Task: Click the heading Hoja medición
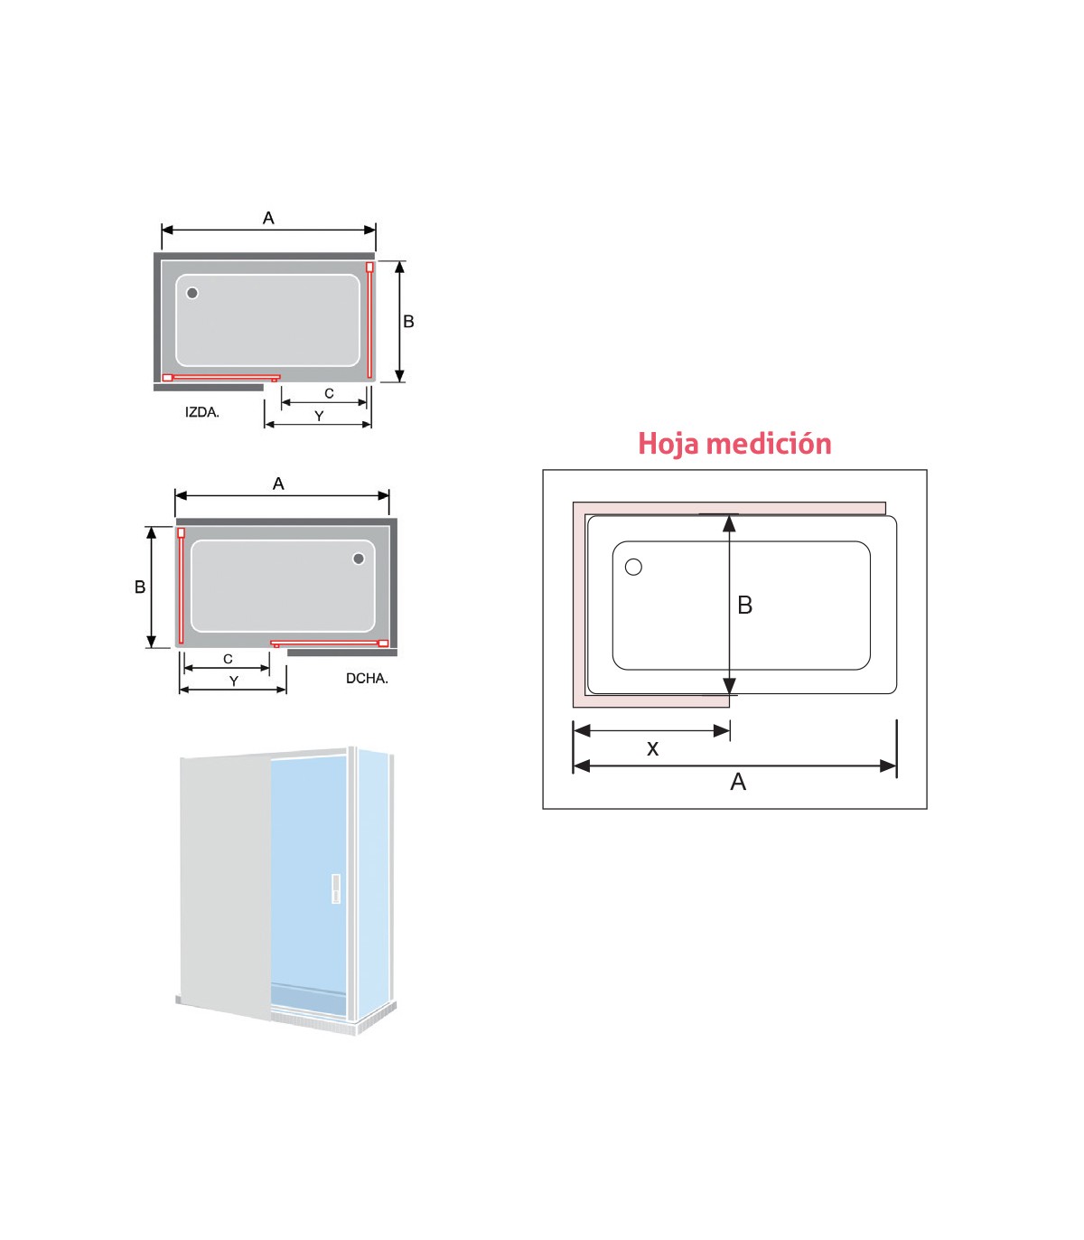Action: point(734,444)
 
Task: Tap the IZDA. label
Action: point(202,412)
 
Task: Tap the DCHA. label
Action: point(367,678)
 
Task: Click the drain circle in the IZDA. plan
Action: point(192,294)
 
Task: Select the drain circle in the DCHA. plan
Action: point(359,559)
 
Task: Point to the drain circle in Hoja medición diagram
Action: point(633,567)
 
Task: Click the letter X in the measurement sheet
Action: point(652,749)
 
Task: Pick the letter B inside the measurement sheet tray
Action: point(745,605)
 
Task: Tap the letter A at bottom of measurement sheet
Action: point(738,782)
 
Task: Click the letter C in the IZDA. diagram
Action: point(329,393)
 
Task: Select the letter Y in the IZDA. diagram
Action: point(319,416)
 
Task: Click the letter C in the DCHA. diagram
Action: point(228,659)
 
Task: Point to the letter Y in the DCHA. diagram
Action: point(234,681)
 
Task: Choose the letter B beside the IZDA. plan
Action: point(409,321)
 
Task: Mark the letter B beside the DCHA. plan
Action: point(140,587)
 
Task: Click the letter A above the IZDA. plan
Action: point(268,218)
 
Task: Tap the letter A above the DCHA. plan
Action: point(278,484)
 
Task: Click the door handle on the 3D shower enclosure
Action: point(336,889)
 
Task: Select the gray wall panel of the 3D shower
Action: point(225,886)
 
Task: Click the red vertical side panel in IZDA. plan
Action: point(369,320)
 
